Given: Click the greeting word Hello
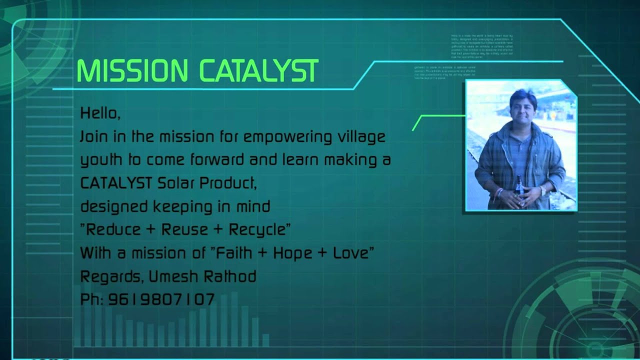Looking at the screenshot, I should point(99,114).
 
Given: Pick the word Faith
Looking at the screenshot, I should point(233,252).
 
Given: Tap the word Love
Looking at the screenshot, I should point(349,252).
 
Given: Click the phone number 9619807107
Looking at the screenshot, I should point(161,299).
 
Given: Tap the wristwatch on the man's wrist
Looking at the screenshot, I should point(542,190).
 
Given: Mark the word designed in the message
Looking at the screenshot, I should point(114,206).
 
